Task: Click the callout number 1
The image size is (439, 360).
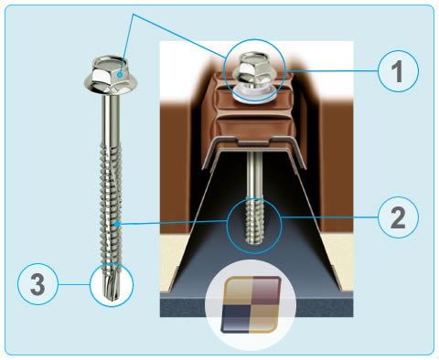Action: point(398,71)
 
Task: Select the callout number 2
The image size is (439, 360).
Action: point(398,217)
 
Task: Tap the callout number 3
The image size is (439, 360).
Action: point(37,284)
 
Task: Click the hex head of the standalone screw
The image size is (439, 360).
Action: point(111,70)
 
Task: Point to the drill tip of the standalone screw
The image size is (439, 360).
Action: point(112,286)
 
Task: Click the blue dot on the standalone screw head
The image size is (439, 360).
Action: point(121,74)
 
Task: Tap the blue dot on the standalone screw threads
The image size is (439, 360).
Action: point(117,224)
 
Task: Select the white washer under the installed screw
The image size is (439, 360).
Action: point(254,93)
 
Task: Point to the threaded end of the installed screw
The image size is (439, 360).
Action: point(254,222)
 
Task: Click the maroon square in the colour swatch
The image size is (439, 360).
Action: point(265,291)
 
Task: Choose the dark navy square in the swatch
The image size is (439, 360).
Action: point(236,317)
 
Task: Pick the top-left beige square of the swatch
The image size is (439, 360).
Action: point(239,291)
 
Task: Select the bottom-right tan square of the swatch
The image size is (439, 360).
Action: point(263,317)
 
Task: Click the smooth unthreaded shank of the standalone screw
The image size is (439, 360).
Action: point(111,118)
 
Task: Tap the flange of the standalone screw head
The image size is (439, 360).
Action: point(112,86)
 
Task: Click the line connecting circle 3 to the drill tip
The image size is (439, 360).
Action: point(74,284)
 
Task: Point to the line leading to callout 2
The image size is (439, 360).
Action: point(329,217)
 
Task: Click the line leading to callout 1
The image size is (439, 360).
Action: point(332,71)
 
